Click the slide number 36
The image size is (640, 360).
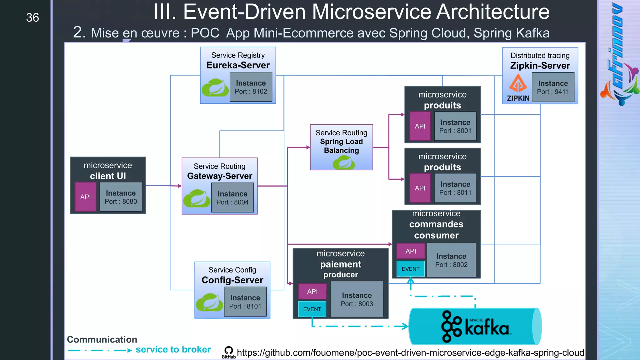click(x=32, y=18)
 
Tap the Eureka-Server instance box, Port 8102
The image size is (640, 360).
click(x=251, y=87)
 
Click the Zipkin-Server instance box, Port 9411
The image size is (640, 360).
click(x=553, y=87)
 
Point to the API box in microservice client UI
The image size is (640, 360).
click(x=85, y=197)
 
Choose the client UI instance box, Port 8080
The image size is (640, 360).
click(x=121, y=197)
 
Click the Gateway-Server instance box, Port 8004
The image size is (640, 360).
click(x=232, y=198)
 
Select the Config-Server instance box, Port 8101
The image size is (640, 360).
click(x=245, y=302)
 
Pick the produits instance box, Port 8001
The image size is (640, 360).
click(x=455, y=126)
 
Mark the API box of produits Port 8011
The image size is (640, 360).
click(x=420, y=188)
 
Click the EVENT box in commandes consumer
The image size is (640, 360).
click(x=410, y=269)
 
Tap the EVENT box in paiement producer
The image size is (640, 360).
click(x=312, y=309)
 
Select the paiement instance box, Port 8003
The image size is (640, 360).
click(x=357, y=299)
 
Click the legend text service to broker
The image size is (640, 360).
click(x=173, y=349)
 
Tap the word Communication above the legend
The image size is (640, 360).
click(x=102, y=339)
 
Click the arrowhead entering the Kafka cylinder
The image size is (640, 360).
click(x=406, y=326)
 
